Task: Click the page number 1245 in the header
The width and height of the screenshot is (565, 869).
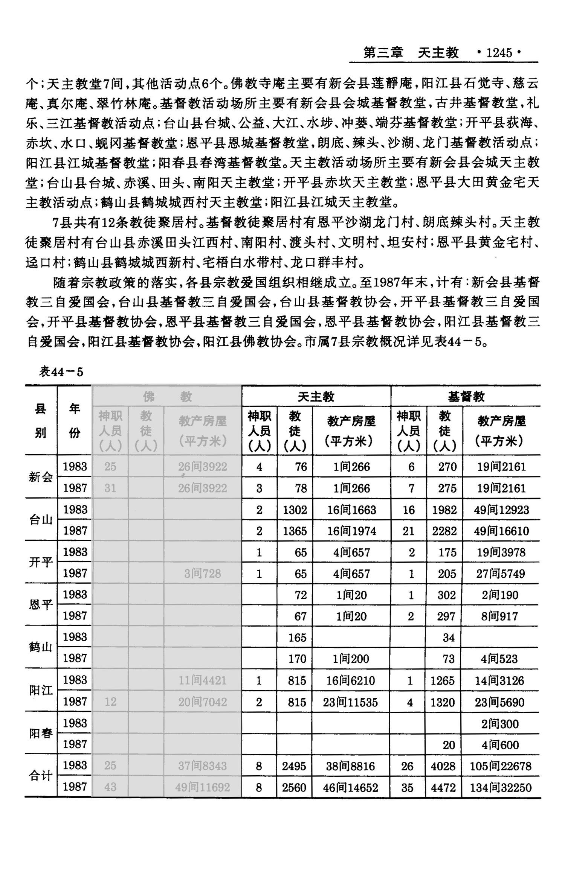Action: coord(499,53)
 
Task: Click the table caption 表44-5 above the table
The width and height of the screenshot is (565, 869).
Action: coord(61,372)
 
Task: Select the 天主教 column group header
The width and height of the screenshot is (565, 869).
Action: coord(316,396)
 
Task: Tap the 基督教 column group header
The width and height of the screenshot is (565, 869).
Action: coord(466,396)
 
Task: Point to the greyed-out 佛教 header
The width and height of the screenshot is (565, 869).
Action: coord(167,396)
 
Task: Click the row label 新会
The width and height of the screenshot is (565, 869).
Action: coord(41,477)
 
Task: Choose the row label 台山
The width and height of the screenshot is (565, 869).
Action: coord(41,520)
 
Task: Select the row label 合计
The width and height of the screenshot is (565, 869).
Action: coord(41,776)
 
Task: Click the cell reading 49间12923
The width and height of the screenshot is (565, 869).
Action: coord(501,510)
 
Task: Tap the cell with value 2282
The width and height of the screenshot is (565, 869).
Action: coord(444,531)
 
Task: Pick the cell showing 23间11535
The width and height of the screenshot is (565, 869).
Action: coord(350,702)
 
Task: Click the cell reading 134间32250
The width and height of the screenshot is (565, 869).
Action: coord(501,788)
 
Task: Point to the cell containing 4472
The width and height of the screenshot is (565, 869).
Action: coord(443,788)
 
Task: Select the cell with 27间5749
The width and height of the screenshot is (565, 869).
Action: coord(501,574)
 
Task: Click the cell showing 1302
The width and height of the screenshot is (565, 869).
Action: coord(295,510)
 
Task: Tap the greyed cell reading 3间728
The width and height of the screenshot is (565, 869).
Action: coord(203,574)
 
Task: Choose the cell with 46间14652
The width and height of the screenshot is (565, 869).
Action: coord(350,788)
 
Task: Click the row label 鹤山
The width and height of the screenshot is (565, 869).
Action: coord(41,647)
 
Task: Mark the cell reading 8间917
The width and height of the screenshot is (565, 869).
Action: coord(500,616)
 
